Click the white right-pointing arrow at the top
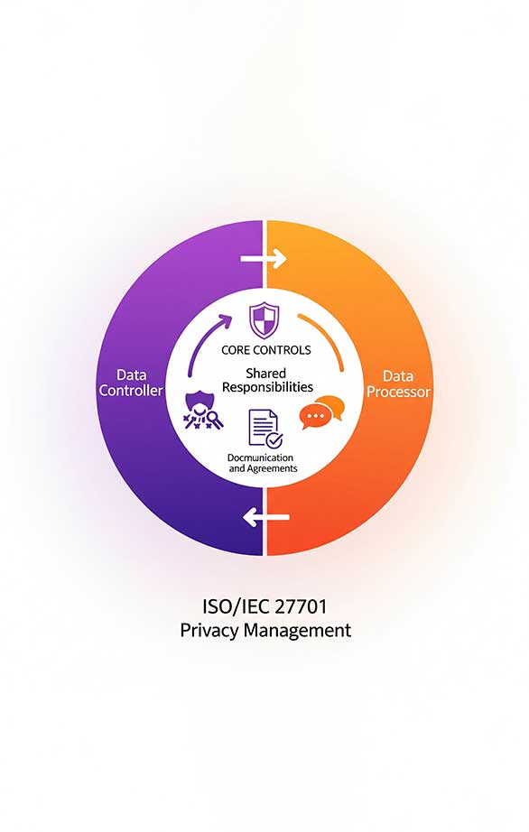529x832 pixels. point(264,259)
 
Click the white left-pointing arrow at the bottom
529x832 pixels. point(265,517)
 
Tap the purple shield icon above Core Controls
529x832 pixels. point(264,320)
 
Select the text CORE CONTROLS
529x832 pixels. point(265,350)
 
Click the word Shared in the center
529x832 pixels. point(265,373)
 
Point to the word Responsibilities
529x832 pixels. point(267,387)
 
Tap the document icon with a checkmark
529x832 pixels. point(265,429)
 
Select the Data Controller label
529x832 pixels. point(131,383)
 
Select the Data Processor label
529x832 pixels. point(398,384)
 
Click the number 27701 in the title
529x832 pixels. point(301,606)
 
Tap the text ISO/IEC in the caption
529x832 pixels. point(237,606)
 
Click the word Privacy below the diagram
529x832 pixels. point(209,631)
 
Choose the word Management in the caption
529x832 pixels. point(297,631)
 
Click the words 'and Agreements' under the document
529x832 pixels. point(264,469)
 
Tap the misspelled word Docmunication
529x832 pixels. point(260,458)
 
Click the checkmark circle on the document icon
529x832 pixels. point(274,439)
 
